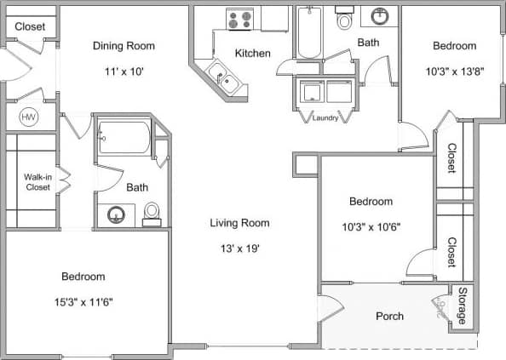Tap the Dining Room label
[124, 45]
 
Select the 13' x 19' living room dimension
[239, 249]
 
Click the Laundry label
[325, 118]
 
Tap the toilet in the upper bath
[344, 20]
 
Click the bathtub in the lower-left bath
[124, 136]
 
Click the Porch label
[390, 317]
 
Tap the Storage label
[463, 306]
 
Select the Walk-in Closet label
[37, 182]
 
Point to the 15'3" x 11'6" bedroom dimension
[83, 301]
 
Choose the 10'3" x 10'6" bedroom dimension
[371, 227]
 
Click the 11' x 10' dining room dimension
[124, 71]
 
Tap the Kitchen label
[252, 54]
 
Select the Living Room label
[239, 223]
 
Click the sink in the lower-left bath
[115, 214]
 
